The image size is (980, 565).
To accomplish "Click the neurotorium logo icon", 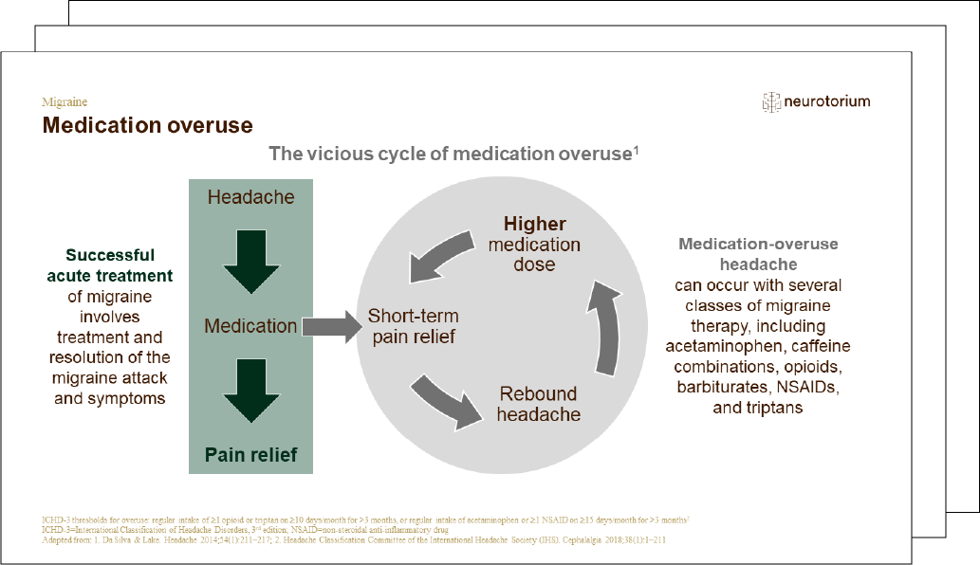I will coord(771,102).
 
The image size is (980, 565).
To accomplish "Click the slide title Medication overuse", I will coord(147,125).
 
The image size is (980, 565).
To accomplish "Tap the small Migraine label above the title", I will coord(65,101).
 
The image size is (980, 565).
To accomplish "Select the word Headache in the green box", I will coord(250,197).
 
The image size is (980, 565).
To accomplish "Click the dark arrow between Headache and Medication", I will coord(250,264).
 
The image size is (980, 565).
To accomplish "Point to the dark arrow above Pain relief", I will coord(250,392).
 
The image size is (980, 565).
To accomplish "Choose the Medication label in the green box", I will coord(250,326).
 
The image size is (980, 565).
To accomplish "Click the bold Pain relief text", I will coord(250,455).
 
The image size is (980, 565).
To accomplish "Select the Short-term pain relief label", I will coord(413,326).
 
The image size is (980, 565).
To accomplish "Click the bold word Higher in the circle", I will coord(534,225).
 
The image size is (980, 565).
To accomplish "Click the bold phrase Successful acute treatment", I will coord(110,265).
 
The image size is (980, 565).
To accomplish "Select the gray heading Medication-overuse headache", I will coord(758,254).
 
